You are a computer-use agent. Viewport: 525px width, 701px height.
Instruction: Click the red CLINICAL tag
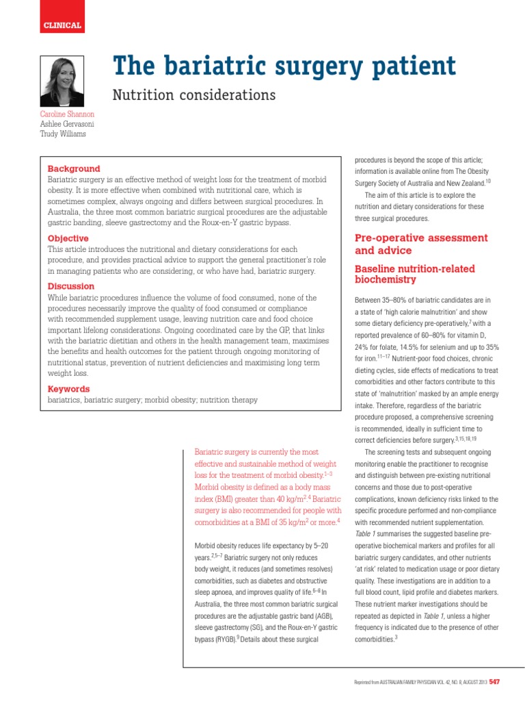(x=62, y=25)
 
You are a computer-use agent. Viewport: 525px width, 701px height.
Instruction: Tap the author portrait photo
(x=62, y=81)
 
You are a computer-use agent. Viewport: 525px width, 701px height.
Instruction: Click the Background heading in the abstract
(x=73, y=168)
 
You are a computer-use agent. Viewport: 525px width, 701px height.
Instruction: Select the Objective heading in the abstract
(x=68, y=238)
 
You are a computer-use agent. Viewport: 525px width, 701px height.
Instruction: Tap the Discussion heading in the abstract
(x=70, y=286)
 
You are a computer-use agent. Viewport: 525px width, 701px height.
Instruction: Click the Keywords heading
(x=68, y=389)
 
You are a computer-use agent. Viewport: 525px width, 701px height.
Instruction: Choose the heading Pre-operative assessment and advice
(x=421, y=244)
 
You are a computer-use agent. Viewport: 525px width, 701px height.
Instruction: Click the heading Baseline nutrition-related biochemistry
(x=414, y=274)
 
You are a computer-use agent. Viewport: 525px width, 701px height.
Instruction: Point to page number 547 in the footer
(x=494, y=682)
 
